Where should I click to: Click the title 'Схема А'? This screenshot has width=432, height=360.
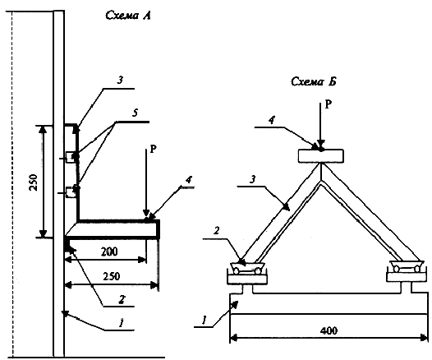[128, 15]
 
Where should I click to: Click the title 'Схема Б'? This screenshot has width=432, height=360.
[314, 81]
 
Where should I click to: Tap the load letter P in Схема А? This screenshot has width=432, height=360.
[154, 150]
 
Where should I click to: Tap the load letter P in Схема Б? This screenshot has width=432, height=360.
[329, 104]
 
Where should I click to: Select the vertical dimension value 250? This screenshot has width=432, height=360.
[34, 182]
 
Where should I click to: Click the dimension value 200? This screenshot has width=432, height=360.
[109, 252]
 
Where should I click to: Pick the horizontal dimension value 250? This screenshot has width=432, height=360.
[112, 276]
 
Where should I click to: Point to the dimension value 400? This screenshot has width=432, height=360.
[329, 330]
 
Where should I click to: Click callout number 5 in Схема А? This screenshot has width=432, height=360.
[135, 113]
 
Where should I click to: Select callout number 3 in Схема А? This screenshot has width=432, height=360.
[120, 81]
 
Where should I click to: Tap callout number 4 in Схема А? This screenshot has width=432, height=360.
[188, 180]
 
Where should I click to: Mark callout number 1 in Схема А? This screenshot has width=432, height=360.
[122, 322]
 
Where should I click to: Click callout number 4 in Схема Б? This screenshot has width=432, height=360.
[272, 121]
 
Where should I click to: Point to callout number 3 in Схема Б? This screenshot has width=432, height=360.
[252, 179]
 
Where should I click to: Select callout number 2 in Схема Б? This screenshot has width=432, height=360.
[217, 231]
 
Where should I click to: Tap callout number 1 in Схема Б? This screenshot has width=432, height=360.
[205, 321]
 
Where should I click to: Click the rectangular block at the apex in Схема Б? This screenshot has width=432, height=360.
[320, 156]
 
